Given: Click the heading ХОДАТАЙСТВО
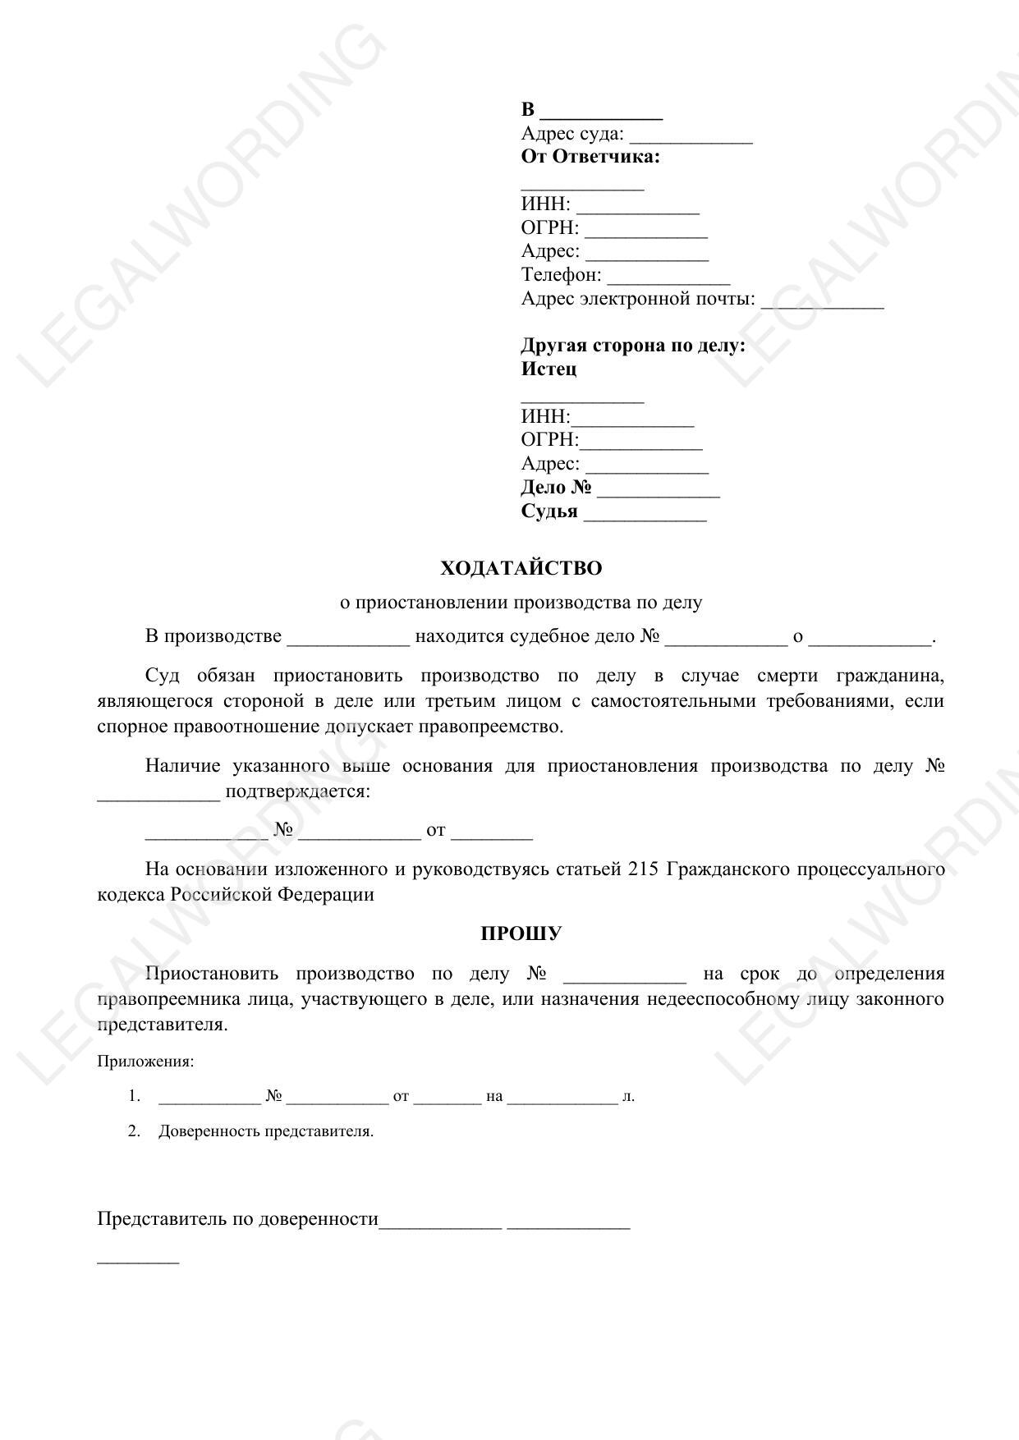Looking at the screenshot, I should point(521,568).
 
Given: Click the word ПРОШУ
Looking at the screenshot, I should point(521,933).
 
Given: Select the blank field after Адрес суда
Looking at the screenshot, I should point(691,136).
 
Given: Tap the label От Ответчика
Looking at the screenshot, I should point(590,157).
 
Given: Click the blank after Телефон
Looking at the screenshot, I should point(668,277).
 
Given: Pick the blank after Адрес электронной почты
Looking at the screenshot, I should point(822,301).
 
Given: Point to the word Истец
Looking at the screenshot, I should point(549,369).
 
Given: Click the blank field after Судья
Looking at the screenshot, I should point(645,514).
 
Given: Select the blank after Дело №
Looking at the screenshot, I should point(659,490).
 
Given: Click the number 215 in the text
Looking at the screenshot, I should point(642,869).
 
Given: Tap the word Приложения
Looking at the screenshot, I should point(145,1062).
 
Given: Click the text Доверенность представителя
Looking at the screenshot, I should point(266,1131).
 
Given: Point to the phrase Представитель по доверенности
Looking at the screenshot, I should point(237,1218).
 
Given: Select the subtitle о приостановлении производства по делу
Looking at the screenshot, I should point(521,603).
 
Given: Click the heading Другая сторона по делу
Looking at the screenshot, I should point(632,346).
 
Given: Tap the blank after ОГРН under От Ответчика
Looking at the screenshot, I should point(646,231).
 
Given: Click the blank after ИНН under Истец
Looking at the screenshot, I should point(632,420).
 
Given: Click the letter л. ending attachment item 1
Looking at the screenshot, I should point(628,1097).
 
